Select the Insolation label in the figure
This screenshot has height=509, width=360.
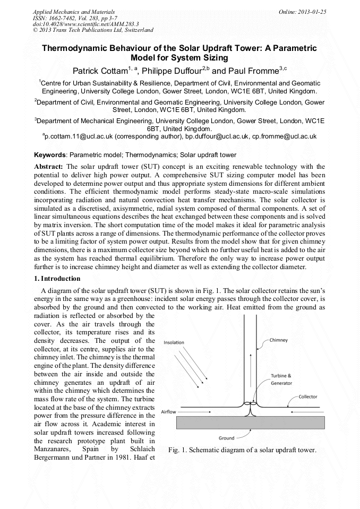pyautogui.click(x=174, y=342)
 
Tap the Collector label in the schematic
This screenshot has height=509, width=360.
pyautogui.click(x=308, y=396)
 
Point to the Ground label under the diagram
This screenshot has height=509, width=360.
pyautogui.click(x=227, y=438)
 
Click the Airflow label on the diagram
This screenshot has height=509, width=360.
pyautogui.click(x=169, y=411)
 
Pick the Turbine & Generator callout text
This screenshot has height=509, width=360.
pyautogui.click(x=281, y=379)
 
